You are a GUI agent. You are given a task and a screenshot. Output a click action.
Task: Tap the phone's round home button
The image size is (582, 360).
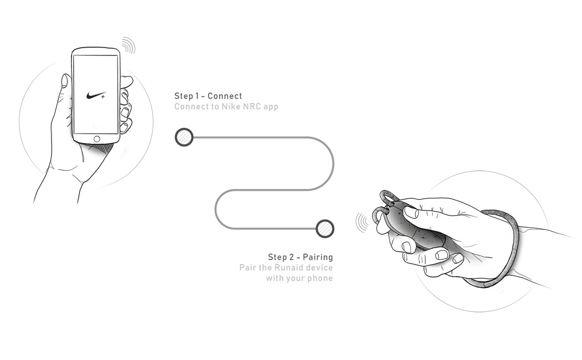[x=98, y=138]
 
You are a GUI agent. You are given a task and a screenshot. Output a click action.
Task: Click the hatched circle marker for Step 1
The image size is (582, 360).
[x=184, y=137]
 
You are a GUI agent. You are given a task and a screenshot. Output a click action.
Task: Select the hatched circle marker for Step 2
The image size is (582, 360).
[x=325, y=228]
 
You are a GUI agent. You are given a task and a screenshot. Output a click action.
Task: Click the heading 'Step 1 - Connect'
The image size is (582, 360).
[x=208, y=96]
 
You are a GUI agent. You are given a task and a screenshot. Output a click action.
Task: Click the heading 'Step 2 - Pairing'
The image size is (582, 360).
[x=300, y=257]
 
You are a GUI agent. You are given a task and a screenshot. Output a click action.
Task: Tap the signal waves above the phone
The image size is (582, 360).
[x=129, y=45]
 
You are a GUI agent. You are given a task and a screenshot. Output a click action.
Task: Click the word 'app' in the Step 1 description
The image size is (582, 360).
[x=270, y=106]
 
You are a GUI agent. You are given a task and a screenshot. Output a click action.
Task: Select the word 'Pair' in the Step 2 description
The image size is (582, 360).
[x=248, y=268]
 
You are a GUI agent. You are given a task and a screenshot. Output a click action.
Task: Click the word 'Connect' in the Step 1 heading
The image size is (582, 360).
[x=224, y=96]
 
